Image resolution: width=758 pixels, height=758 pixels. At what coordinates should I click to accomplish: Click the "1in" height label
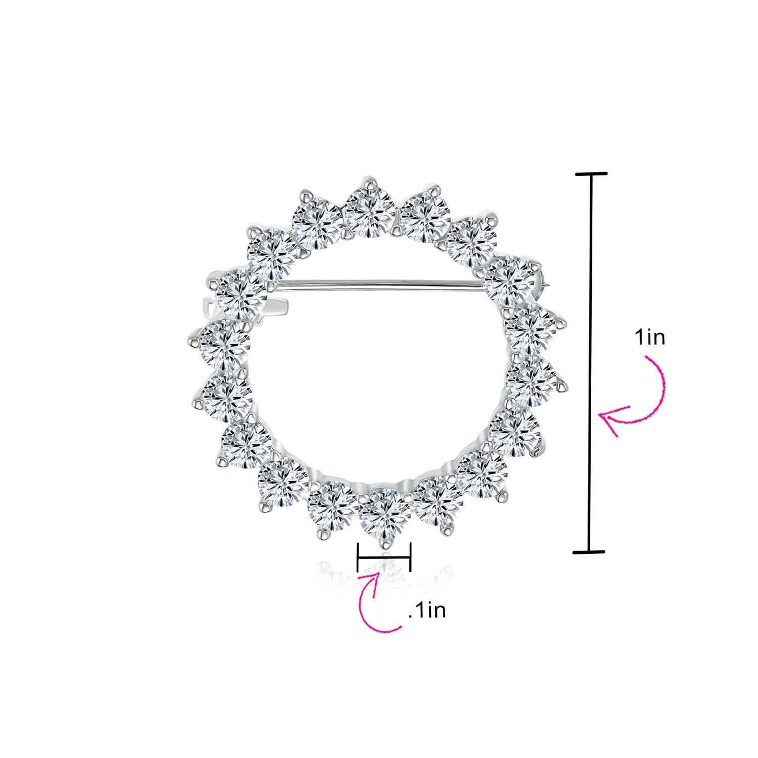(649, 338)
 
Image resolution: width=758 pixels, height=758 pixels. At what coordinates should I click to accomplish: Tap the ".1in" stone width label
(427, 611)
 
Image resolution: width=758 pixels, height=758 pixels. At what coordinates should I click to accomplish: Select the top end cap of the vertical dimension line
(591, 173)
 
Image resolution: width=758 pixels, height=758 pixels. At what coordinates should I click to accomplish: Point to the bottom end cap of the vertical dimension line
(589, 552)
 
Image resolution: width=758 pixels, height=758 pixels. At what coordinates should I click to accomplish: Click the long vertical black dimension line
(590, 363)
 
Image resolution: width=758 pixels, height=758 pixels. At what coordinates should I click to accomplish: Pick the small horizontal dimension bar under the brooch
(383, 557)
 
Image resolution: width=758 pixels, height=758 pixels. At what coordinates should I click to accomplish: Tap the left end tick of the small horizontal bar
(357, 557)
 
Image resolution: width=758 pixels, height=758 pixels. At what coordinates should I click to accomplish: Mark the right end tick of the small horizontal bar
(410, 557)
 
